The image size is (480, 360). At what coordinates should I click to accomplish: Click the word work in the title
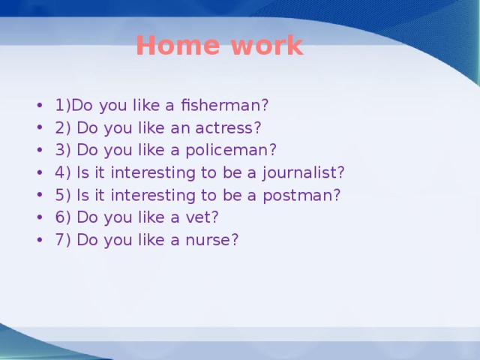tap(267, 46)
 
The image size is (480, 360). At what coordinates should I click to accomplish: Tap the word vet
tap(205, 217)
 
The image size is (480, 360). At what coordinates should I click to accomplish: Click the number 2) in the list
tap(62, 127)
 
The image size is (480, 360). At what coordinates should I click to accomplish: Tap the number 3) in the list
tap(62, 150)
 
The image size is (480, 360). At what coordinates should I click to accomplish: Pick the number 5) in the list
tap(62, 195)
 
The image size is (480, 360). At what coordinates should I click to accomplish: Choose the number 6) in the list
tap(62, 217)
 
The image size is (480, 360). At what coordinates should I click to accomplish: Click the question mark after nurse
tap(235, 240)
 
